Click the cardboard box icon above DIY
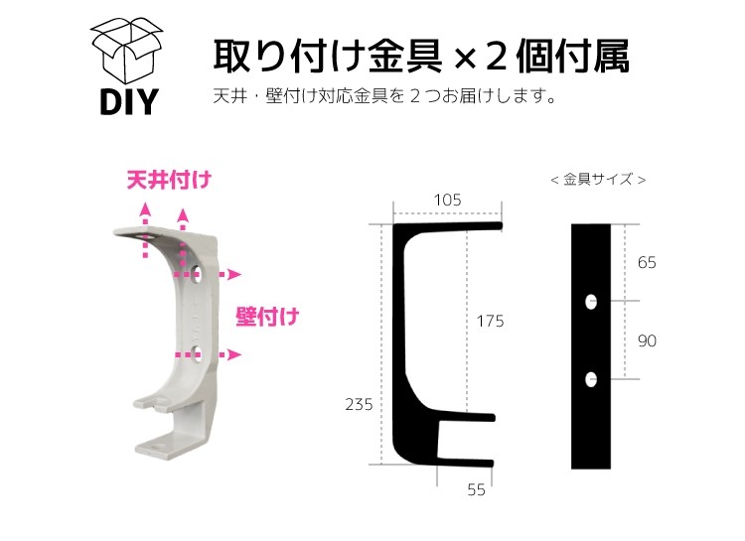coord(126,52)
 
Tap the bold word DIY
coord(129,101)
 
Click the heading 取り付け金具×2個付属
coord(421,57)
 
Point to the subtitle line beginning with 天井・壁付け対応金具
coord(384,96)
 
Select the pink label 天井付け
coord(169,180)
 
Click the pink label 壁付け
coord(267,317)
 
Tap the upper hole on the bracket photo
coord(197,273)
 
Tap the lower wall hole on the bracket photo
coord(197,353)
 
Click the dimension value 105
coord(448,200)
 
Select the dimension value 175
coord(490,321)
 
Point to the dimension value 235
coord(359,405)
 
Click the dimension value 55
coord(476,489)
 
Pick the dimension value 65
coord(647,263)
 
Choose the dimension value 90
coord(647,340)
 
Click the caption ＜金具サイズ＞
coord(598,180)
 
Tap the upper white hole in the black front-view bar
coord(591,302)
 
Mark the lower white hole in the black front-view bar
coord(591,379)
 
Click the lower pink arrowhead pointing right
coord(234,354)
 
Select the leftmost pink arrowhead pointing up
coord(146,209)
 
